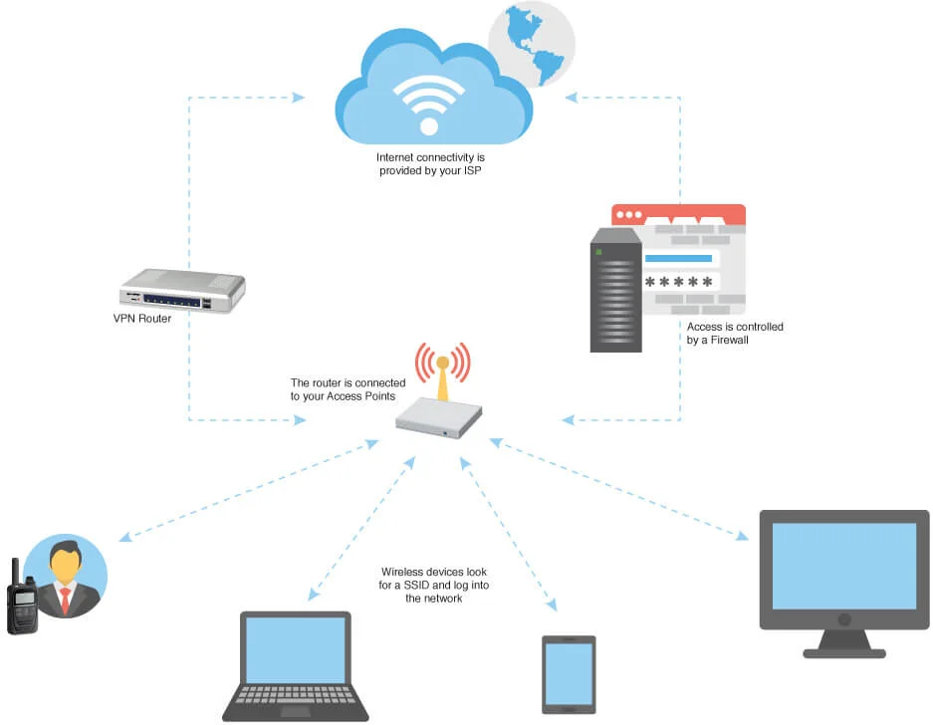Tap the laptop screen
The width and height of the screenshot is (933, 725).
(x=295, y=648)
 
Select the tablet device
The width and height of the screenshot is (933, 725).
(x=569, y=674)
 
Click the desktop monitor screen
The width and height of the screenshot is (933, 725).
(x=844, y=565)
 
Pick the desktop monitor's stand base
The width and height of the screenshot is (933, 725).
(x=844, y=652)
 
